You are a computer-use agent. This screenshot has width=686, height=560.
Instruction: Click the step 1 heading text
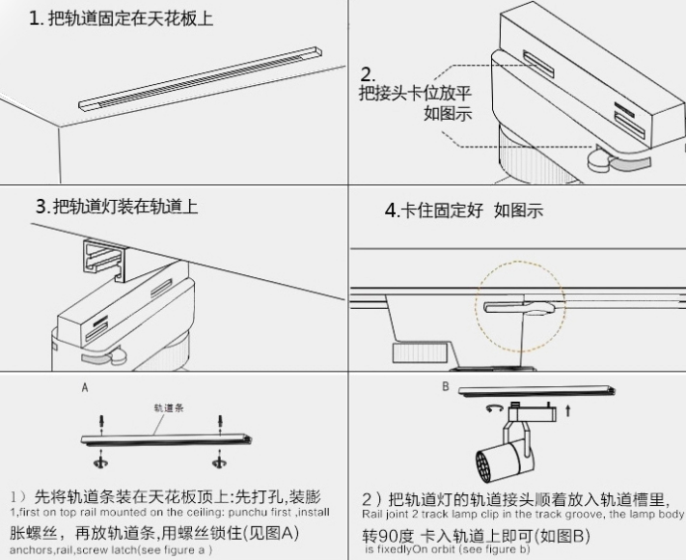tap(121, 18)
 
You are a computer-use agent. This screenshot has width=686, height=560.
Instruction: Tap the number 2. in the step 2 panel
tap(368, 74)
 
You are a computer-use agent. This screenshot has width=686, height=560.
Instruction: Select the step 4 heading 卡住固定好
tap(439, 210)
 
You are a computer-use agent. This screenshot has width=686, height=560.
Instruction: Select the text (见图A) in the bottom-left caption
tap(274, 533)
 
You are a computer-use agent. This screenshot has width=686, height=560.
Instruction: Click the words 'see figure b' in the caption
tap(494, 549)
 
